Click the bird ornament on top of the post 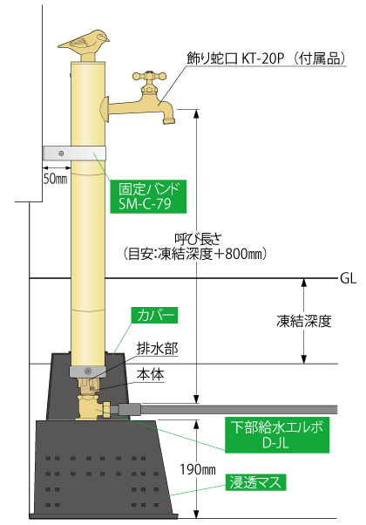tap(85, 42)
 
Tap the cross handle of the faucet tap(149, 76)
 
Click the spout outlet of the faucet tap(169, 119)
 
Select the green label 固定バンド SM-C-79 tap(148, 196)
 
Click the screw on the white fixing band tap(61, 153)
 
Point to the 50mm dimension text tap(56, 179)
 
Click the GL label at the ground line tap(348, 278)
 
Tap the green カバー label tap(154, 315)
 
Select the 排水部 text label tap(157, 349)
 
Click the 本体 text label tap(150, 374)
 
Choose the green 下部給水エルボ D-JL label tap(277, 435)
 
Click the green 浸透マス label tap(256, 482)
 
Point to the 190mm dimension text tap(198, 469)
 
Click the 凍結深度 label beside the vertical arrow tap(304, 321)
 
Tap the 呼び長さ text tap(198, 239)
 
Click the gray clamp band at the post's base tap(88, 372)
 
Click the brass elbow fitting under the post tap(93, 407)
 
